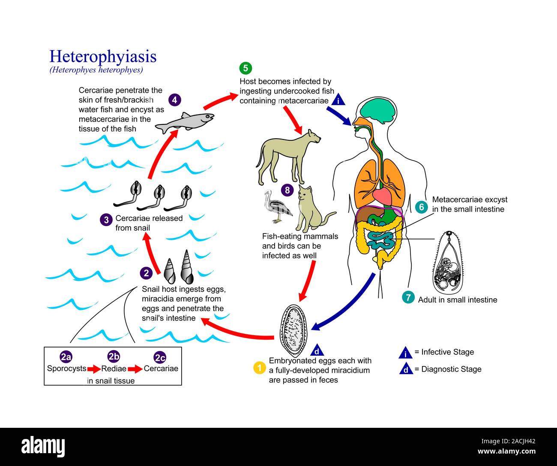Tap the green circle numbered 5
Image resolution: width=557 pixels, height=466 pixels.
246,68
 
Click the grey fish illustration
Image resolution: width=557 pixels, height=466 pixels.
184,122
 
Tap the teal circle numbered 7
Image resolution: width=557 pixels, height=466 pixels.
408,297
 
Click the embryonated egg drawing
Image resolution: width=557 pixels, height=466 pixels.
291,330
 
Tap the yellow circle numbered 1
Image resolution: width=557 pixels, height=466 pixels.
259,368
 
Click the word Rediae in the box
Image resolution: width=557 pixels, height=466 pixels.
114,369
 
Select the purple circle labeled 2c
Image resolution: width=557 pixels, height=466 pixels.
160,357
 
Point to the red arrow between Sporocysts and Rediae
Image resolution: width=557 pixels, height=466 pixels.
93,369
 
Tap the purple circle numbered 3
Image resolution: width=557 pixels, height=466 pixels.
106,220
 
